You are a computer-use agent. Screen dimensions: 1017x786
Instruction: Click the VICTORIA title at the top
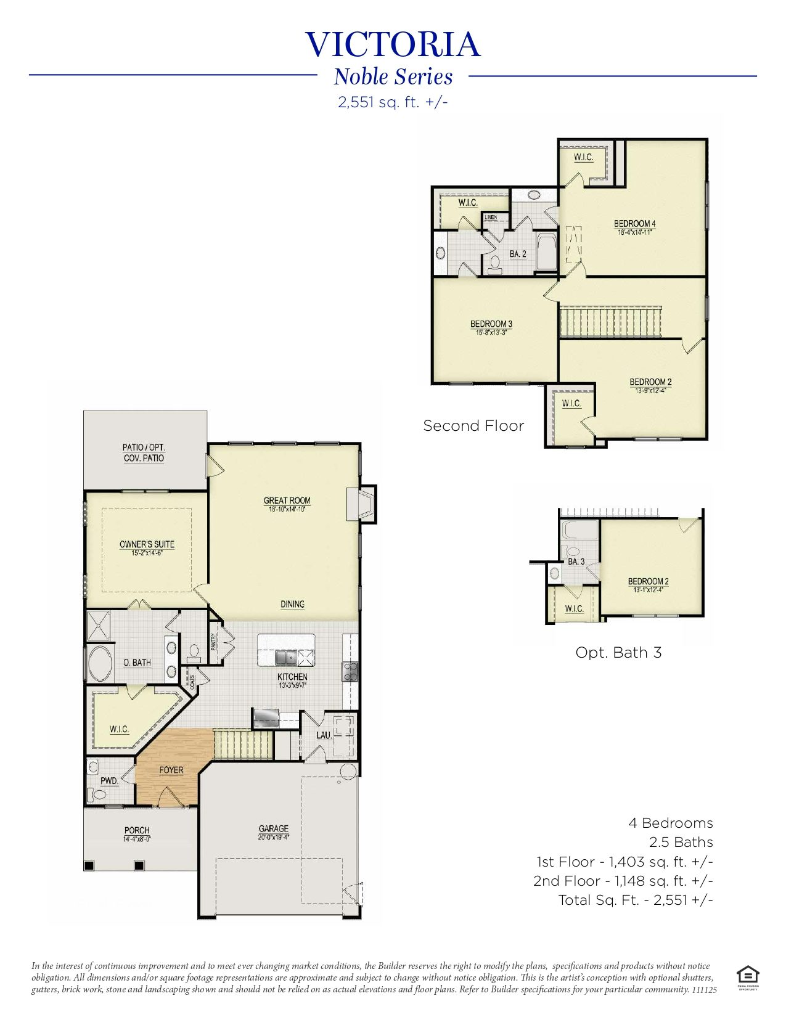(393, 45)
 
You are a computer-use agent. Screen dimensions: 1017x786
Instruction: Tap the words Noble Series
(393, 77)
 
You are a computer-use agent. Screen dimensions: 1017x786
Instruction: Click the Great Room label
(287, 500)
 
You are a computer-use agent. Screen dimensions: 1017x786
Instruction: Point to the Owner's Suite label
(147, 544)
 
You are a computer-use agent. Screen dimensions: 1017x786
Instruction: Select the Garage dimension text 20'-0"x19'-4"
(273, 837)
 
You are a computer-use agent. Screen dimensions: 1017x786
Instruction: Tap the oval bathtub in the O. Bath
(100, 663)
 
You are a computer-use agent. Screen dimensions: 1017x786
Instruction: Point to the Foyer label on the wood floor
(171, 770)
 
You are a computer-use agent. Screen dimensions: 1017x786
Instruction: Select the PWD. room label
(109, 781)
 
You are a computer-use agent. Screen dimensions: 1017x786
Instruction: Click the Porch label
(137, 830)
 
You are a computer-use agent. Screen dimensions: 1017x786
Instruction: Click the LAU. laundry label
(324, 735)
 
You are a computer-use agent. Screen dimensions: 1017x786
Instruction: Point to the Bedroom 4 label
(634, 224)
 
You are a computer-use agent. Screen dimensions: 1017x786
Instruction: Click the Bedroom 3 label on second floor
(491, 324)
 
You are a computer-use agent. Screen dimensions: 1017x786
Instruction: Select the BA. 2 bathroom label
(518, 254)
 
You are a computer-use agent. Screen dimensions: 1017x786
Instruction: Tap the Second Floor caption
(473, 426)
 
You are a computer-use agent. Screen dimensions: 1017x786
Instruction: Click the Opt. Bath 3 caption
(618, 653)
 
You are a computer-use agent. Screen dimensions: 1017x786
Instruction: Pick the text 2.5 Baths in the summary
(681, 843)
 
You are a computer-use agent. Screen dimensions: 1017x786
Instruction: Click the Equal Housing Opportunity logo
(747, 975)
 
